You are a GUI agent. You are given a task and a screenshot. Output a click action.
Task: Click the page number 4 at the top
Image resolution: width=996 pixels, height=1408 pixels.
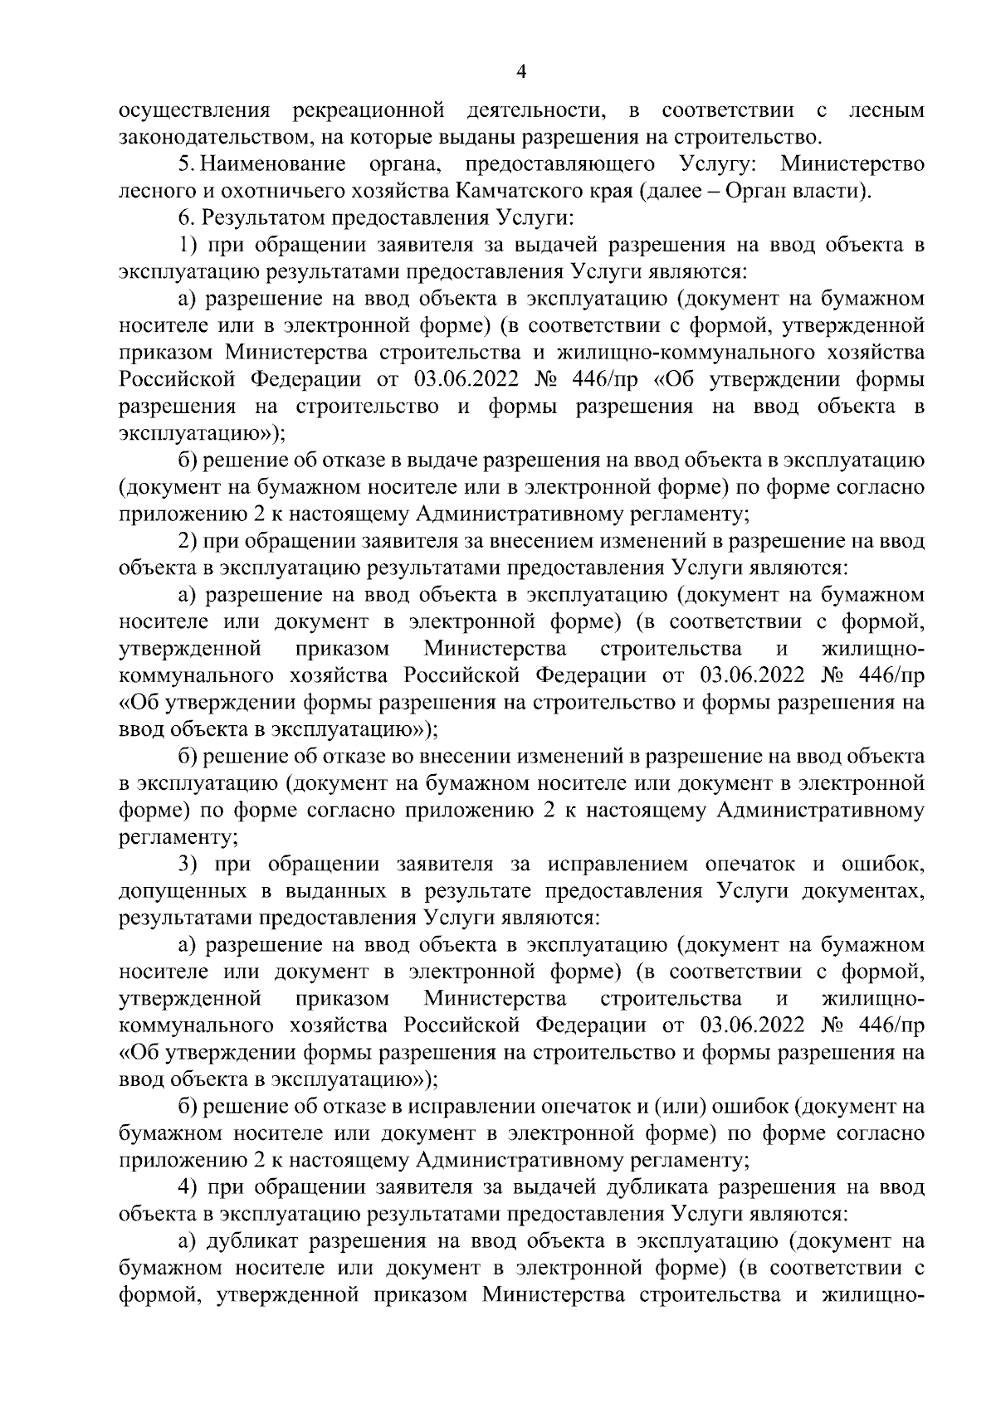click(521, 72)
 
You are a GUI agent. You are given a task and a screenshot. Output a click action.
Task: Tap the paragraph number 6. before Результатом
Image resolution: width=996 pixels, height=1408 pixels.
click(186, 218)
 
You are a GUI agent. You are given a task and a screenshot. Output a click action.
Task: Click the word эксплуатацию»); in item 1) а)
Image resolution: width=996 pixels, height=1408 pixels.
click(202, 434)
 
